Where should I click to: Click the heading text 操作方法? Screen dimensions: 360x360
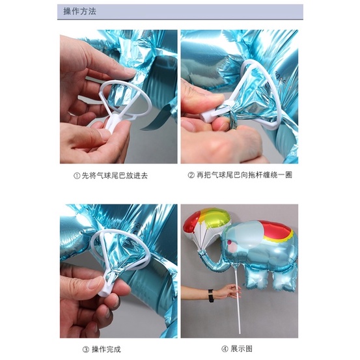(79, 12)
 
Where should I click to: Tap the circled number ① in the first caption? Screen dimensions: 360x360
(77, 176)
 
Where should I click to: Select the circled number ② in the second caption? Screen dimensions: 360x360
(191, 175)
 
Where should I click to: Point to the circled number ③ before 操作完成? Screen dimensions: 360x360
(86, 350)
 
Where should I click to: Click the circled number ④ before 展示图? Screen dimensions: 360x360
(225, 349)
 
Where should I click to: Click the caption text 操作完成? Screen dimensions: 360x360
(106, 350)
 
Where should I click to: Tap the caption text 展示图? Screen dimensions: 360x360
(242, 349)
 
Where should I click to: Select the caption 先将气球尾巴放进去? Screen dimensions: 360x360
(115, 176)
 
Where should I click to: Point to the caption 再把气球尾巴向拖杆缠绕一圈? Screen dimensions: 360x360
(244, 175)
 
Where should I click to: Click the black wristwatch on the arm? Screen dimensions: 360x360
(211, 296)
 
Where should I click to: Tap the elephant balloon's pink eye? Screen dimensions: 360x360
(229, 242)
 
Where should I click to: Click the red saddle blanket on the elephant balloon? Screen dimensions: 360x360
(276, 230)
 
